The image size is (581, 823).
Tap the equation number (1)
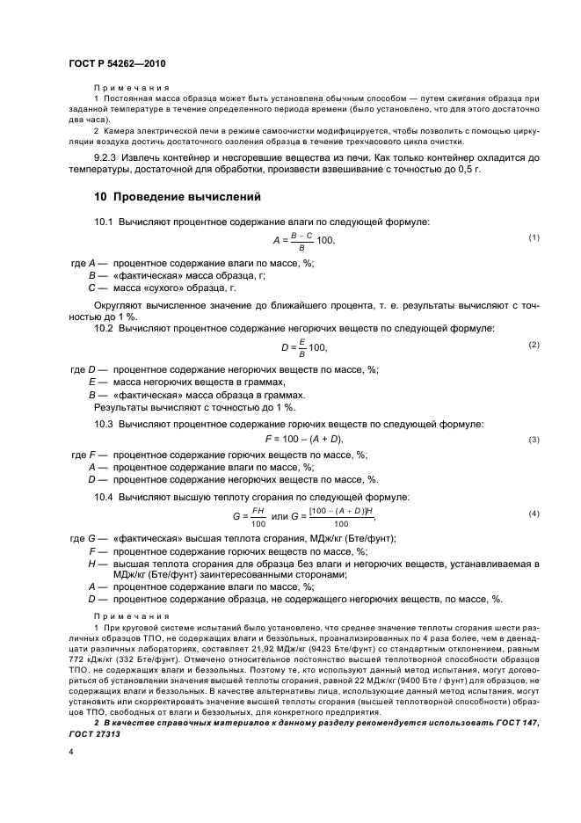click(533, 238)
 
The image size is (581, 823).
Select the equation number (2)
click(533, 344)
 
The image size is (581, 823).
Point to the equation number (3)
click(533, 440)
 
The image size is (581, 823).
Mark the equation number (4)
click(533, 513)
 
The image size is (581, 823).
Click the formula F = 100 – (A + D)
click(303, 440)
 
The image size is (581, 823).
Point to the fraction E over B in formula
click(301, 347)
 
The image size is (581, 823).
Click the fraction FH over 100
click(258, 516)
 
